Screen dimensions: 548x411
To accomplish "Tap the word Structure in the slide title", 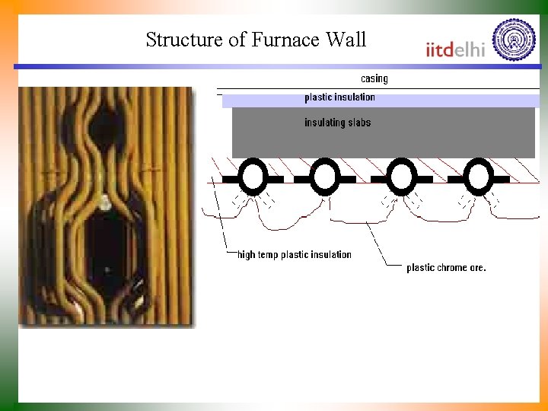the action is [x=185, y=40].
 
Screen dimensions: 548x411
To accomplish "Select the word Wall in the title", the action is [x=346, y=40].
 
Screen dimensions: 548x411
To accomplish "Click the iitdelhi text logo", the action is [x=455, y=49].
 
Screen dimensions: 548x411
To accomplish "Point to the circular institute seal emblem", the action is [x=515, y=40].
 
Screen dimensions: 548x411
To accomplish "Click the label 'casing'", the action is [x=374, y=78].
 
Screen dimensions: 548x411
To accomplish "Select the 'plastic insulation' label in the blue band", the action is [x=339, y=97].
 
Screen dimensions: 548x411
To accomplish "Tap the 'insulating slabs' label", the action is [x=337, y=123].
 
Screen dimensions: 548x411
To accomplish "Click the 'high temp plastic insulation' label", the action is [x=295, y=254].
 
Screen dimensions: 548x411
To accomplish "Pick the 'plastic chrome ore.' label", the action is [x=446, y=267].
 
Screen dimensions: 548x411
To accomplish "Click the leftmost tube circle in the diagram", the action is [x=252, y=178].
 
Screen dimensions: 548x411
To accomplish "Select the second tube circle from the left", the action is [x=325, y=178].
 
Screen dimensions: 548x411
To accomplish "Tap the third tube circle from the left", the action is [x=401, y=178].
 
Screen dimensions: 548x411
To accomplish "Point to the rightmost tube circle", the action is [x=479, y=178].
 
